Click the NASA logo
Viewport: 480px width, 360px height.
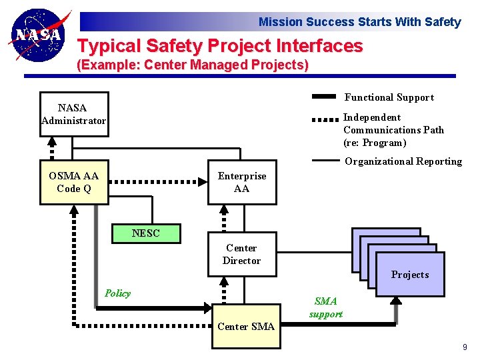tap(39, 35)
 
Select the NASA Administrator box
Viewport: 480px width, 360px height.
tap(73, 114)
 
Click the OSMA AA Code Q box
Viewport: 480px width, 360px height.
tap(73, 182)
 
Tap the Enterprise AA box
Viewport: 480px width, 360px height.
tap(241, 182)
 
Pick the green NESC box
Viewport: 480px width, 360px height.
tap(145, 233)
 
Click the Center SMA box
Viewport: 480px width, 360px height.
tap(246, 327)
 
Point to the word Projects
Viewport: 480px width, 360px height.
tap(409, 275)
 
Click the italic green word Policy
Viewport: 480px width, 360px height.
tap(117, 293)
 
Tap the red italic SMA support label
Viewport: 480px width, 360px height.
tap(325, 307)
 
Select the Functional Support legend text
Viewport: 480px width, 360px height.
tap(389, 97)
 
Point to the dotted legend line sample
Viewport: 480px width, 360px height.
tap(324, 121)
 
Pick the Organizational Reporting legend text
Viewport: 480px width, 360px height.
tap(403, 161)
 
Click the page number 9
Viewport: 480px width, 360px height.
tap(465, 347)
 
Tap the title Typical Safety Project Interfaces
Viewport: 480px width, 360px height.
tap(220, 46)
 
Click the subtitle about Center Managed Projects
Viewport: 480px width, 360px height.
tap(193, 65)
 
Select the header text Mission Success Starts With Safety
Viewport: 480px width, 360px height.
tap(359, 22)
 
